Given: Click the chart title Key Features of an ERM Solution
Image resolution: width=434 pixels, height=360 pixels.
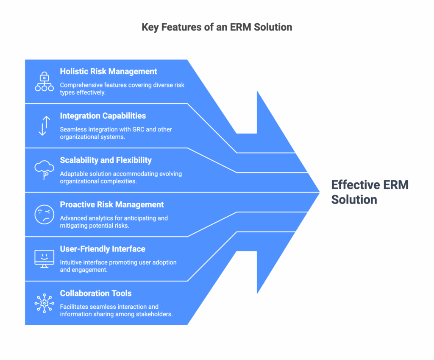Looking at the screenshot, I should tap(217, 28).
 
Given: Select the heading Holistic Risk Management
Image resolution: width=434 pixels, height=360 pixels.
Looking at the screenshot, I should tap(108, 72).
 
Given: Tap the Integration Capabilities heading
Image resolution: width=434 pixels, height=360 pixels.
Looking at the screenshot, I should tap(103, 116).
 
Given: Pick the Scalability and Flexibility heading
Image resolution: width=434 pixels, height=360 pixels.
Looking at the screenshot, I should tap(106, 160).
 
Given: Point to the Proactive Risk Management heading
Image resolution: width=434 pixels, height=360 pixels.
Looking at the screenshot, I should tap(112, 205).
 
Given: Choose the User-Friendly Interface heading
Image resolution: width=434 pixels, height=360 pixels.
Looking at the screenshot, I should tap(103, 249).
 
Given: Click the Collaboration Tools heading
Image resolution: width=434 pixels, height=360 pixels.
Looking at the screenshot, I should tap(96, 293).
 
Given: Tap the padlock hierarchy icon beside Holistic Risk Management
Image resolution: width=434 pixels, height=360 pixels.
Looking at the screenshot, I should tap(44, 81).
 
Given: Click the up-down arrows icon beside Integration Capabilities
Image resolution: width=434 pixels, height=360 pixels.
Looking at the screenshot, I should tap(44, 126).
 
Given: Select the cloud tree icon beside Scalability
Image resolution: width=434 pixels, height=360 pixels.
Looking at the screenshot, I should tap(44, 170).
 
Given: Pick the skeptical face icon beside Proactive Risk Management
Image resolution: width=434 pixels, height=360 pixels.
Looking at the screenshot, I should tap(44, 214).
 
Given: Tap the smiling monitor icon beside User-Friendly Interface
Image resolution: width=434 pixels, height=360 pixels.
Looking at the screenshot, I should tap(44, 259).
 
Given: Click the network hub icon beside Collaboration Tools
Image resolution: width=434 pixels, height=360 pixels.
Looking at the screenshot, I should tap(44, 303).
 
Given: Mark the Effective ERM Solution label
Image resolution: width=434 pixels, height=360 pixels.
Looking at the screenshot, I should tap(370, 192).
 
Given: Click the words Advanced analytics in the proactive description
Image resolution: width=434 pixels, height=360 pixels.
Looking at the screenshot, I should tap(85, 218).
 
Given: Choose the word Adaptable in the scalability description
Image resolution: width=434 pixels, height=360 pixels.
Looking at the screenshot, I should tap(74, 174).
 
